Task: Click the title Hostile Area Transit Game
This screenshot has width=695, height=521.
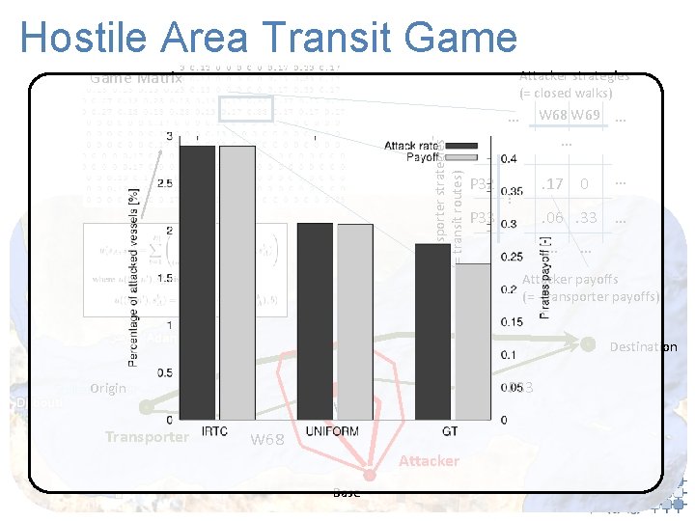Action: coord(268,38)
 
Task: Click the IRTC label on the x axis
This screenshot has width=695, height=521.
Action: coord(215,431)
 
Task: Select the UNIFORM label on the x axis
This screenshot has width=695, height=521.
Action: coord(333,431)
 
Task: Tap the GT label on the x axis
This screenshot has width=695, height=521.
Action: coord(451,431)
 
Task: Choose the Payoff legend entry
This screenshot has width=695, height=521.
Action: coord(423,156)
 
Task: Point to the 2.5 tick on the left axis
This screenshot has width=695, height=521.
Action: coord(163,182)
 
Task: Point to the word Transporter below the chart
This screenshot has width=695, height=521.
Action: coord(148,436)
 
